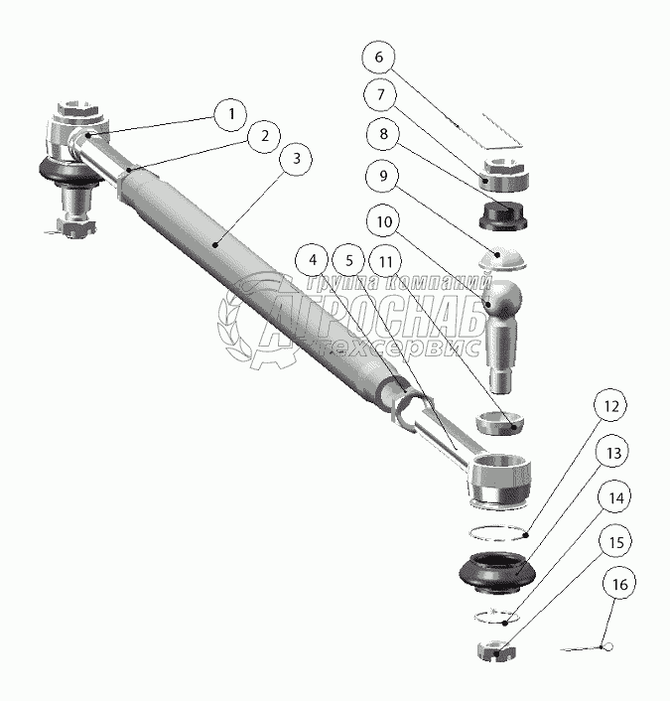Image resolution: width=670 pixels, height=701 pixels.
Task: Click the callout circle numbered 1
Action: [230, 114]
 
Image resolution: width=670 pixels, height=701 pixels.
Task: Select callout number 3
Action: [296, 159]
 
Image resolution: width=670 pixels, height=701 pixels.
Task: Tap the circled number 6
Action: [378, 58]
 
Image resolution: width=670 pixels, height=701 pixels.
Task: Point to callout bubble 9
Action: [383, 176]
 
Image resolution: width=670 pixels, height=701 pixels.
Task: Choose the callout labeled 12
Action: [610, 406]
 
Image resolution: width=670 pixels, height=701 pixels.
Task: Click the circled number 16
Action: [619, 584]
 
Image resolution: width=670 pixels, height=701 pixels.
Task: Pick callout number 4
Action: [313, 260]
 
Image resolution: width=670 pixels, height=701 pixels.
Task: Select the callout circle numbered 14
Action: [615, 497]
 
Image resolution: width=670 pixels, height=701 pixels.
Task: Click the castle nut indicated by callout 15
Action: [496, 650]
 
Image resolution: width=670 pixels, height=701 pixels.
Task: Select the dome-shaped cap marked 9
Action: [502, 259]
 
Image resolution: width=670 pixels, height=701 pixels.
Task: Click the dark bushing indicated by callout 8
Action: [503, 215]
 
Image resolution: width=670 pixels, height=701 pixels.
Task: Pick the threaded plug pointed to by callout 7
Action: [504, 175]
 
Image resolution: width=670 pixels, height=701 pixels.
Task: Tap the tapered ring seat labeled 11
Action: [499, 423]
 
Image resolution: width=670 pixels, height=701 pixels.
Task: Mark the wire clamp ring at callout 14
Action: [496, 617]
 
